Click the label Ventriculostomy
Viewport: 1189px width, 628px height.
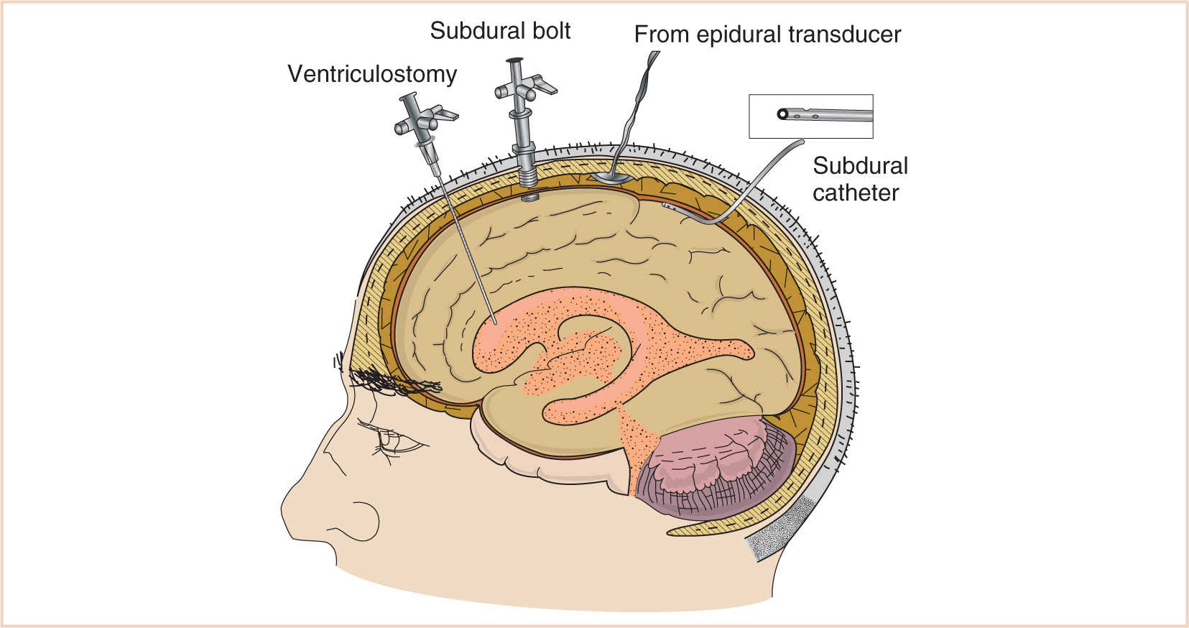click(x=372, y=74)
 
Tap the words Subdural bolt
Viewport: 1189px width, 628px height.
click(x=500, y=31)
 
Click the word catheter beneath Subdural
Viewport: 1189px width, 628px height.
click(x=855, y=193)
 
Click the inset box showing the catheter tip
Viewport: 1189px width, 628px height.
click(x=810, y=116)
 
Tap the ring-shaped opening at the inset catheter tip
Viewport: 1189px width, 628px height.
click(x=782, y=114)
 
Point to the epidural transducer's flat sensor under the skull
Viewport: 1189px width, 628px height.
click(x=611, y=177)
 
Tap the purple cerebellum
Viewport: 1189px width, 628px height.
click(x=718, y=467)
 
